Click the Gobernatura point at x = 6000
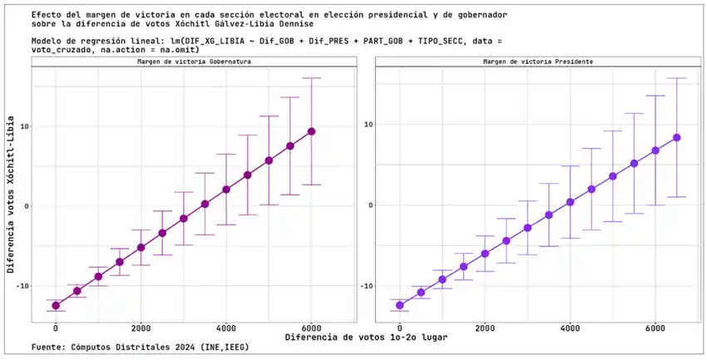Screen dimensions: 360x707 (x=311, y=131)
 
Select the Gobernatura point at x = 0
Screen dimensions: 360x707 (x=56, y=306)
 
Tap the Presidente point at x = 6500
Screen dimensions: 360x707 (x=677, y=137)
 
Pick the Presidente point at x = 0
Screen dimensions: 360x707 (x=400, y=305)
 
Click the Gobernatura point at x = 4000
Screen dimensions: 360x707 (x=226, y=190)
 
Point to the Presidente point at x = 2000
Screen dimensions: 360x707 (x=485, y=254)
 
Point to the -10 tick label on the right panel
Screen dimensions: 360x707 (x=363, y=285)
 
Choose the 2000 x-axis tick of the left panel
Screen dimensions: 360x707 (x=141, y=328)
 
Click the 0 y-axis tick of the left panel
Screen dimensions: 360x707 (x=24, y=206)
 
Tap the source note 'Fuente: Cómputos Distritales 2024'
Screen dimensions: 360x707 (x=140, y=347)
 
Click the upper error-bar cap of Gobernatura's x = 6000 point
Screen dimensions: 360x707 (x=311, y=78)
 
